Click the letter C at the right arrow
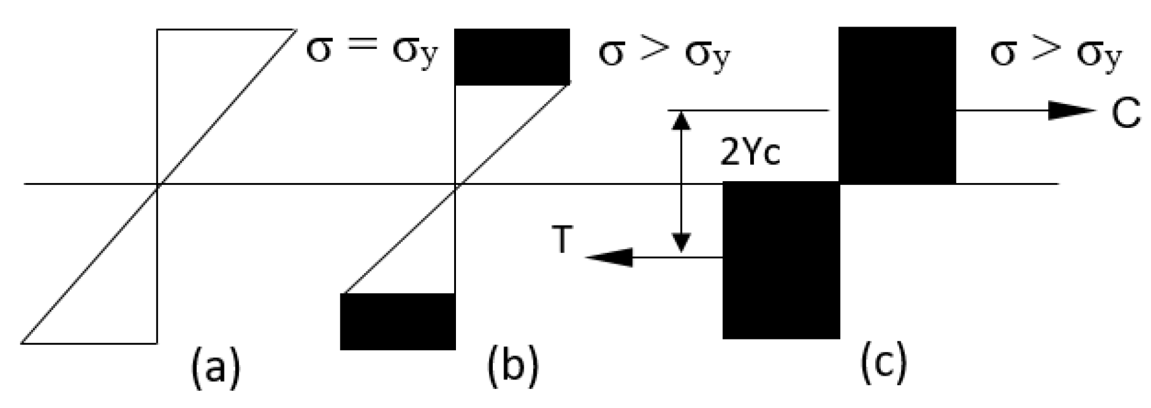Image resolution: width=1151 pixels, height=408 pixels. pyautogui.click(x=1126, y=113)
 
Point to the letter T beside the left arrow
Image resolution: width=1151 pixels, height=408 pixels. pyautogui.click(x=562, y=241)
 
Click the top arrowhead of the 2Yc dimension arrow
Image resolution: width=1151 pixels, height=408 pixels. pyautogui.click(x=681, y=120)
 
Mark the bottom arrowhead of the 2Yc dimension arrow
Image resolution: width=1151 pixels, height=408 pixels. pyautogui.click(x=681, y=243)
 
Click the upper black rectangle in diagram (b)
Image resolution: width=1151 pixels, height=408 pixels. pyautogui.click(x=512, y=56)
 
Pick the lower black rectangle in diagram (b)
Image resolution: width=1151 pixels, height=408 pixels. pyautogui.click(x=398, y=321)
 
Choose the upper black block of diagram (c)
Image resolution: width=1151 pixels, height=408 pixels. pyautogui.click(x=897, y=105)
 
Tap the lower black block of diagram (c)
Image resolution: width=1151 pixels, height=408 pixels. pyautogui.click(x=781, y=260)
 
